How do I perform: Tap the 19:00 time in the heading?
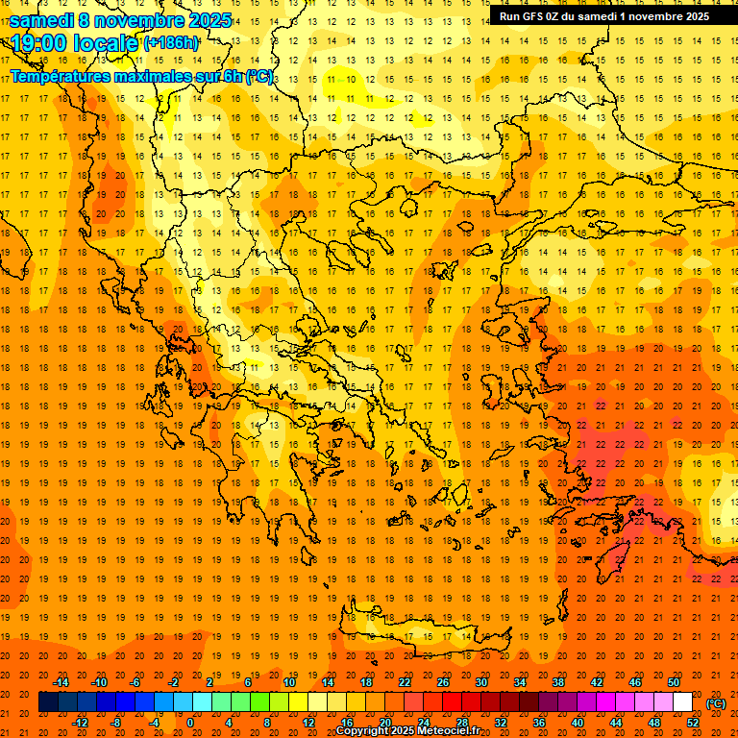tap(38, 43)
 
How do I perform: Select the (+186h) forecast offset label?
tap(171, 43)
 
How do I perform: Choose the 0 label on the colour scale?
tap(190, 723)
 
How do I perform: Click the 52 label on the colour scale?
tap(694, 723)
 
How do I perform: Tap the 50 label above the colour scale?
tap(674, 682)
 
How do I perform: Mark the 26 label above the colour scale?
tap(443, 682)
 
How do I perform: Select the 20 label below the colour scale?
tap(385, 723)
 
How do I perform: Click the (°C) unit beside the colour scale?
tap(716, 703)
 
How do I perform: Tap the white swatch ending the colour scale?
tap(682, 702)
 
